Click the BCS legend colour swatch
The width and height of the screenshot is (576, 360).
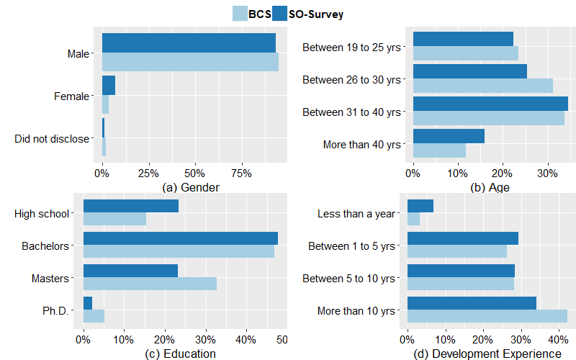point(240,14)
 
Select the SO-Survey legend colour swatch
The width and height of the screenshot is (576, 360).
point(279,14)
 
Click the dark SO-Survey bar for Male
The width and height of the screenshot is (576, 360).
point(189,43)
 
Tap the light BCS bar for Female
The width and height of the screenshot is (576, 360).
point(105,104)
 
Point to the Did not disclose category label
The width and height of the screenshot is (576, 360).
point(52,139)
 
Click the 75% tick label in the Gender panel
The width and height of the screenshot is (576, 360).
point(241,174)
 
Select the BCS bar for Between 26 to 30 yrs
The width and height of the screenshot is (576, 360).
point(483,86)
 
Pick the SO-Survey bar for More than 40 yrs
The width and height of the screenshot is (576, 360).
point(449,136)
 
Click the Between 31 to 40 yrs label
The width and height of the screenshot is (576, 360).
point(351,112)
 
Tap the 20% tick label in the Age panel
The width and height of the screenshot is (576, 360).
point(502,174)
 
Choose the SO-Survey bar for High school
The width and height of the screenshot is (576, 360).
point(131,206)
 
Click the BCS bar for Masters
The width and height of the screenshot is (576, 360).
point(150,284)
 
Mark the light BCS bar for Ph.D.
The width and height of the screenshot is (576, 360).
point(94,316)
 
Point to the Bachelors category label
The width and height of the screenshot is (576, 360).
point(45,246)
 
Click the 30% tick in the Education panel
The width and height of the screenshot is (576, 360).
point(205,339)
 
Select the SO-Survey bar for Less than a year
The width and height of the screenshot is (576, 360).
point(420,206)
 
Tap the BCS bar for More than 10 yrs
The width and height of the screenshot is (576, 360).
point(487,316)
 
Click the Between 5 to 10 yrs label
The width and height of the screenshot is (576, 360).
point(348,279)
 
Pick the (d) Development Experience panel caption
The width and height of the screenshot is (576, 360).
point(487,354)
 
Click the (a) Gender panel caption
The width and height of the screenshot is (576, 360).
point(191,187)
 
